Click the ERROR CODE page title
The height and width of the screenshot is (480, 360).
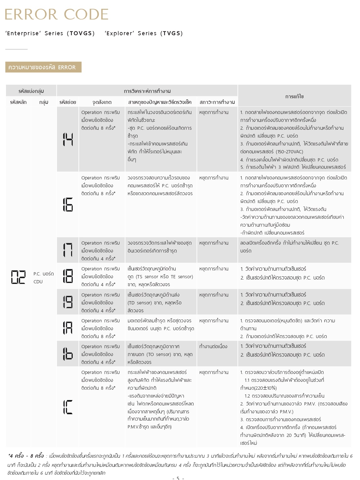coord(57,14)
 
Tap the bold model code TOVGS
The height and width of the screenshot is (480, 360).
coord(81,33)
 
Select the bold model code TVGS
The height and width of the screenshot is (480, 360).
coord(172,33)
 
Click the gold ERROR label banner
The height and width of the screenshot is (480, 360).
coord(43,67)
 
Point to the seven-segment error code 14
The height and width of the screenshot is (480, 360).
coord(68,139)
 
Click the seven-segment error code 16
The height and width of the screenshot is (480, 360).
coord(68,205)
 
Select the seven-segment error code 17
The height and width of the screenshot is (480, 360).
coord(68,250)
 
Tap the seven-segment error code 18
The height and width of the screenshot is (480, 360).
coord(68,276)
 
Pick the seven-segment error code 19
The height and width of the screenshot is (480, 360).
coord(68,302)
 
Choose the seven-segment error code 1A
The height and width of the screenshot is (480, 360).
coord(68,328)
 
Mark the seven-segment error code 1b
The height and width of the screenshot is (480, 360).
coord(68,354)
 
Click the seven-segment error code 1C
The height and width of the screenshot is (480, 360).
coord(68,407)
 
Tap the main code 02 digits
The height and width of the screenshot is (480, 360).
coord(18,277)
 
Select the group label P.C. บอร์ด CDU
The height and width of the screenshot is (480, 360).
coord(43,278)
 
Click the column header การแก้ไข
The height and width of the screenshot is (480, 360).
coord(294,96)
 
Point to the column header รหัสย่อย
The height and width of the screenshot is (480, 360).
coord(68,102)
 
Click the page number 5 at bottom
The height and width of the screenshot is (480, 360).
coord(178,478)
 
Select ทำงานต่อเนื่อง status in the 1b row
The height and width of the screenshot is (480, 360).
coord(213,347)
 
